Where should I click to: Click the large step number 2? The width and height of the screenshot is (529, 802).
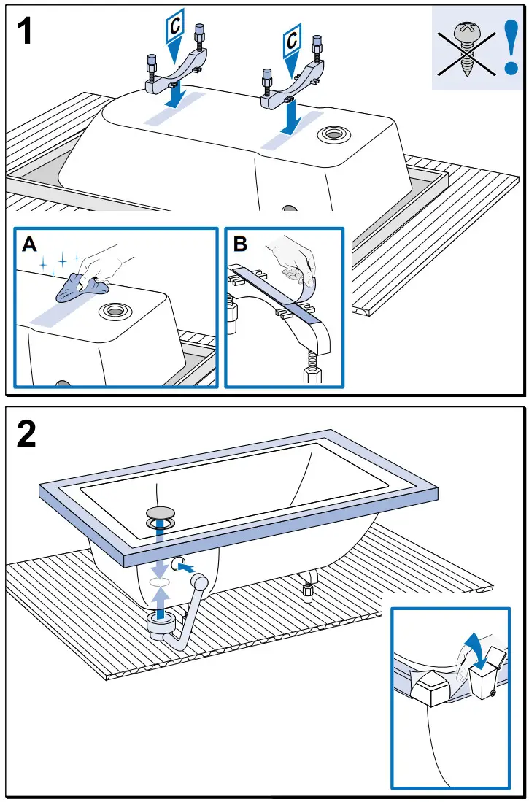(x=26, y=435)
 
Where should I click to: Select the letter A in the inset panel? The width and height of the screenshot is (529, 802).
(x=30, y=244)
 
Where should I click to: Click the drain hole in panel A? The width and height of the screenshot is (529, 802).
(x=115, y=310)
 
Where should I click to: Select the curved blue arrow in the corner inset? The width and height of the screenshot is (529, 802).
(x=474, y=649)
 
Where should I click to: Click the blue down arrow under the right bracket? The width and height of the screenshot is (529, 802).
(x=290, y=116)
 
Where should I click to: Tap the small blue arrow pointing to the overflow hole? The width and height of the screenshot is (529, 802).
(x=185, y=566)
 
